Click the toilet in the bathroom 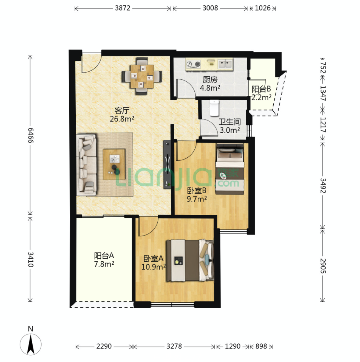214,108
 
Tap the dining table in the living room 142,76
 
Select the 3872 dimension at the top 123,8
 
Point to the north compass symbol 31,341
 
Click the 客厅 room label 122,110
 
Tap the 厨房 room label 210,80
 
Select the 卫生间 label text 230,122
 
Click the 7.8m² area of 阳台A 104,264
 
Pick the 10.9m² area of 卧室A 153,267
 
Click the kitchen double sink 225,64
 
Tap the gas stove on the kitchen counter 194,64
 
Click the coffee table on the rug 114,164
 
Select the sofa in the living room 86,165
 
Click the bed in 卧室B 230,169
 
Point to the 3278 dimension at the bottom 174,346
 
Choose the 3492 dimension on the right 323,185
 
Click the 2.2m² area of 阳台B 261,98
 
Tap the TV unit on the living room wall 167,165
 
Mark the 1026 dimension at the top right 263,8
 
